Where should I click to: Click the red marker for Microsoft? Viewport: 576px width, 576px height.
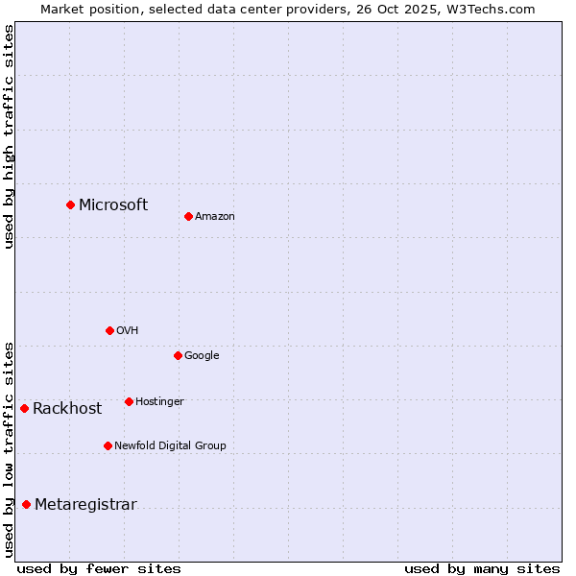[x=70, y=204]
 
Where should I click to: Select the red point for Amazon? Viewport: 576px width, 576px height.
[x=188, y=216]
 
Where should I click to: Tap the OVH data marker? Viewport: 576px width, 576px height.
[x=109, y=330]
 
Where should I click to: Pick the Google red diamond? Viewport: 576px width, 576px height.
[x=178, y=355]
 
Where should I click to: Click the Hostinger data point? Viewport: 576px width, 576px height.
[x=129, y=401]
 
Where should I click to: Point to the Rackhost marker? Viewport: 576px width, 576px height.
[x=24, y=408]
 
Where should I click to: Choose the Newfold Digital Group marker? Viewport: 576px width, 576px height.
[x=108, y=445]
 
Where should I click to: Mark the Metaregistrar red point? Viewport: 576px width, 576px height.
[x=26, y=505]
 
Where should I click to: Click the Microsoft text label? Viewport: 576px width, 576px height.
[x=113, y=204]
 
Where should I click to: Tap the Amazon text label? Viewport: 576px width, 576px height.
[x=215, y=217]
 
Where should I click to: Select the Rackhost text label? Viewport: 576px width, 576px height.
[x=67, y=409]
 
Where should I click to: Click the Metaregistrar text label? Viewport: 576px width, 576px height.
[x=85, y=505]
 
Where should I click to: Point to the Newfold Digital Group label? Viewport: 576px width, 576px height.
[x=170, y=445]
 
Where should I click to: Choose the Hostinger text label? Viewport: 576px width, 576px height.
[x=159, y=401]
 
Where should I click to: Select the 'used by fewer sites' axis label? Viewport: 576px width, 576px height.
[x=99, y=568]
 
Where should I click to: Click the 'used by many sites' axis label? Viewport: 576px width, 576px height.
[x=482, y=568]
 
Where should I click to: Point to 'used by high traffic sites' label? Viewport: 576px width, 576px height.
[x=9, y=136]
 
